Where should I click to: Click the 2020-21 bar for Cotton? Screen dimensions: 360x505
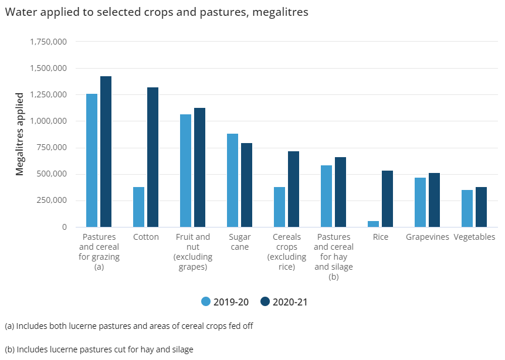pyautogui.click(x=152, y=157)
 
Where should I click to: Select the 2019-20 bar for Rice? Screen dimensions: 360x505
pyautogui.click(x=373, y=224)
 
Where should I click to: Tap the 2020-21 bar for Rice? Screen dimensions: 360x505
pyautogui.click(x=387, y=199)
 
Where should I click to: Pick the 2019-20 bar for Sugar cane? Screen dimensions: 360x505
pyautogui.click(x=232, y=180)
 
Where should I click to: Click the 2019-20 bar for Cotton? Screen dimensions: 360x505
pyautogui.click(x=138, y=207)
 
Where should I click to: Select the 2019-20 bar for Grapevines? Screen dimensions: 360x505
pyautogui.click(x=420, y=202)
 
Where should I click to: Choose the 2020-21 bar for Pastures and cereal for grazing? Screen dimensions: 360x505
pyautogui.click(x=106, y=151)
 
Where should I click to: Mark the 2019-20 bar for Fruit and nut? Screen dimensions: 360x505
pyautogui.click(x=185, y=171)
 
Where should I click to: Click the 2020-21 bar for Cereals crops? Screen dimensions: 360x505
pyautogui.click(x=293, y=189)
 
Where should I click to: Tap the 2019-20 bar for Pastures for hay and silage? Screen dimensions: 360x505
pyautogui.click(x=326, y=196)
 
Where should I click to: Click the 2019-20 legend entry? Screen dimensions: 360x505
pyautogui.click(x=225, y=302)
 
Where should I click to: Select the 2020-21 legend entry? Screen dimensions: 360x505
pyautogui.click(x=284, y=302)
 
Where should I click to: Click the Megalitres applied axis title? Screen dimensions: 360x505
pyautogui.click(x=19, y=134)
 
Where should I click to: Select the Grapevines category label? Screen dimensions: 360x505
pyautogui.click(x=427, y=237)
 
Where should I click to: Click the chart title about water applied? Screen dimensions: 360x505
pyautogui.click(x=157, y=12)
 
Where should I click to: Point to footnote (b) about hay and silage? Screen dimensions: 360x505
pyautogui.click(x=99, y=349)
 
